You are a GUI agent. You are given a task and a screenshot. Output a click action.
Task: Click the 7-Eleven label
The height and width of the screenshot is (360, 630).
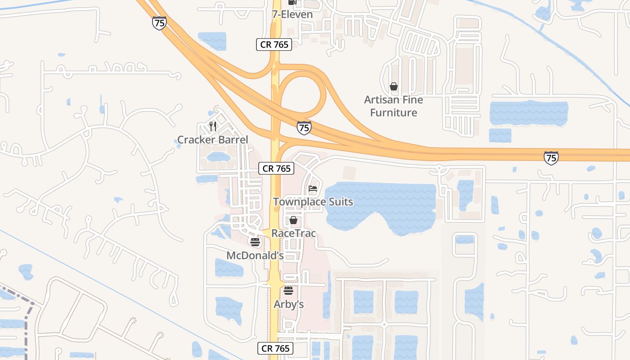[x=292, y=14]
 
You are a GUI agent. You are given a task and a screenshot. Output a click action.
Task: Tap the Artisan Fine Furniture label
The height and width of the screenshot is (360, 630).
[x=394, y=106]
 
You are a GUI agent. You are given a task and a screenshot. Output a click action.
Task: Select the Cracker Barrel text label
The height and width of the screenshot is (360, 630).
[x=212, y=139]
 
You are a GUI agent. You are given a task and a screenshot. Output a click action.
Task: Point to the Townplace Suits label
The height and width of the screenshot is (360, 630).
[x=313, y=202]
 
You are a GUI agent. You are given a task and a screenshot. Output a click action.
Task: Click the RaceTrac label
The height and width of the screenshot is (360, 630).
[x=293, y=234]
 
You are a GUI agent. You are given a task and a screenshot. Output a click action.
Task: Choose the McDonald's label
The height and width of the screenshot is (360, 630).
[x=255, y=256]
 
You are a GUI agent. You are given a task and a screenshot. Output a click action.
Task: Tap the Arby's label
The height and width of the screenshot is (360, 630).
[x=288, y=304]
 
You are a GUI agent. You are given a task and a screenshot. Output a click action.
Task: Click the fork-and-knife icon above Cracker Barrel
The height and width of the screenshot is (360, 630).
[x=213, y=126]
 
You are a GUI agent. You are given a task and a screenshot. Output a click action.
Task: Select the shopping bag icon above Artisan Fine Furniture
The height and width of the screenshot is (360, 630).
[x=394, y=86]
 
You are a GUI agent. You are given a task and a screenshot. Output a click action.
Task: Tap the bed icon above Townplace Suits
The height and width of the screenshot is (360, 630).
[x=313, y=189]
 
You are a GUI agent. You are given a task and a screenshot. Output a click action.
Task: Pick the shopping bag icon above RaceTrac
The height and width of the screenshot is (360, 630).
[x=293, y=220]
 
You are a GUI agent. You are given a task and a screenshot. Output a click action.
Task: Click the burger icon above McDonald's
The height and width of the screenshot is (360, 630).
[x=255, y=243]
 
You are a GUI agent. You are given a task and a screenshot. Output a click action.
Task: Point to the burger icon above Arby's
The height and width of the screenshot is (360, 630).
[x=288, y=291]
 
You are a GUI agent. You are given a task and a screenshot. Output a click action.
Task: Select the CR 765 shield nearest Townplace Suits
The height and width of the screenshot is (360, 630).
[x=277, y=169]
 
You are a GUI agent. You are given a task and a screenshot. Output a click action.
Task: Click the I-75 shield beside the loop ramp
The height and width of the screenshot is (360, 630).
[x=304, y=128]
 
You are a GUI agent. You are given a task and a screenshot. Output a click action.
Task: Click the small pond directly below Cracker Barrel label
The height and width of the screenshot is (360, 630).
[x=218, y=157]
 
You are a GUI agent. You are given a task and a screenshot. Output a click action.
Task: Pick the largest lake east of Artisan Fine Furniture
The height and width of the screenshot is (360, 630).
[x=528, y=113]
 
